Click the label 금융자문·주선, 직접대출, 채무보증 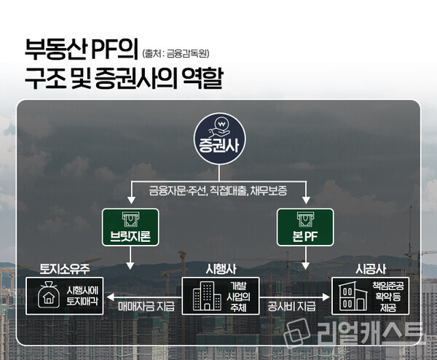[219, 190]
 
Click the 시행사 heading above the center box [219, 267]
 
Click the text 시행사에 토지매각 [81, 295]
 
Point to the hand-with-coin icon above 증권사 [218, 125]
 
